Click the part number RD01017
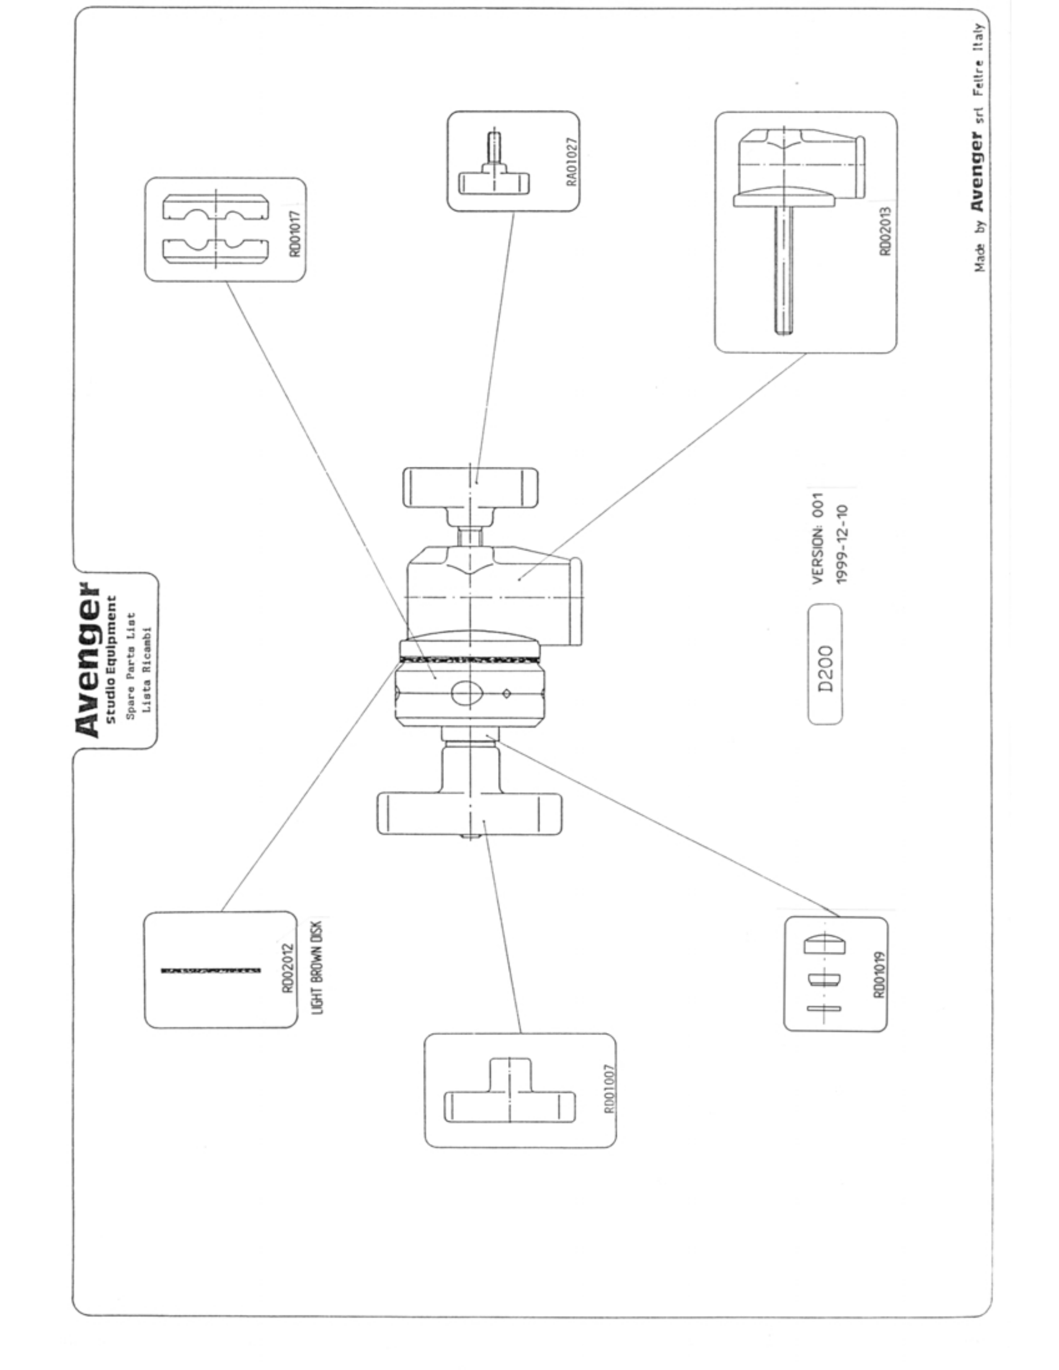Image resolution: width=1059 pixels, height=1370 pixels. (295, 234)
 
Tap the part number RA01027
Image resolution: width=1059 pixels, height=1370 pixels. (572, 162)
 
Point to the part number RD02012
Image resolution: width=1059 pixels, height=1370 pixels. (288, 969)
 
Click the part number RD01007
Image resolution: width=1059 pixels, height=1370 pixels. (609, 1089)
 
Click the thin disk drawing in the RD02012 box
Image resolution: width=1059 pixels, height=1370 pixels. (211, 970)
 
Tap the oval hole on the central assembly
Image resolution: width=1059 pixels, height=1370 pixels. (467, 693)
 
